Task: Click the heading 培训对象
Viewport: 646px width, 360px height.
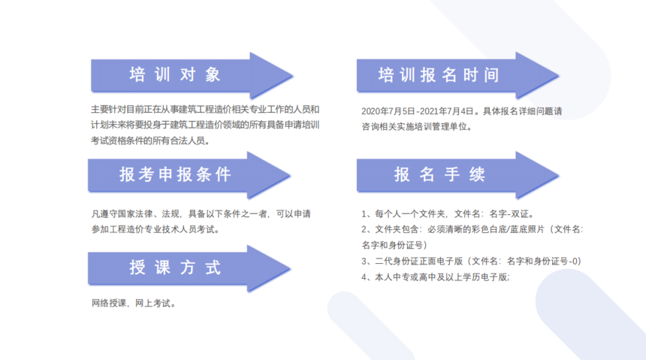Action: (175, 74)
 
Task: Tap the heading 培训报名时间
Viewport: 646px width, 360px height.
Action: (439, 75)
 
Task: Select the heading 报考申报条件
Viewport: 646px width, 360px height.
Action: (175, 174)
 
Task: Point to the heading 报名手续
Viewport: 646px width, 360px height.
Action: (439, 174)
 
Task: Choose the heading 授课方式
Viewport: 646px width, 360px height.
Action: (175, 268)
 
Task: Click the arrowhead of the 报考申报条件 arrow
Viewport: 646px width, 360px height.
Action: (269, 175)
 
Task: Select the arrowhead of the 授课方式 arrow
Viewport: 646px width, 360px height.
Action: (269, 268)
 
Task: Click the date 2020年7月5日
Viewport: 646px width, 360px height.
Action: (388, 111)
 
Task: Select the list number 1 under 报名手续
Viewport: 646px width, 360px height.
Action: (364, 214)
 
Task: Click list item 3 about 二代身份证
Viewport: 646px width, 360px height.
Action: (471, 262)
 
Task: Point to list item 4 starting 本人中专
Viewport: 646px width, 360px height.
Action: (436, 277)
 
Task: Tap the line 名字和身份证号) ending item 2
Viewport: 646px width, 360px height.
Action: (394, 245)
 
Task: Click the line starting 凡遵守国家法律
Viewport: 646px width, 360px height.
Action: (201, 214)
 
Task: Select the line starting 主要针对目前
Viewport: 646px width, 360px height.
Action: (205, 109)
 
